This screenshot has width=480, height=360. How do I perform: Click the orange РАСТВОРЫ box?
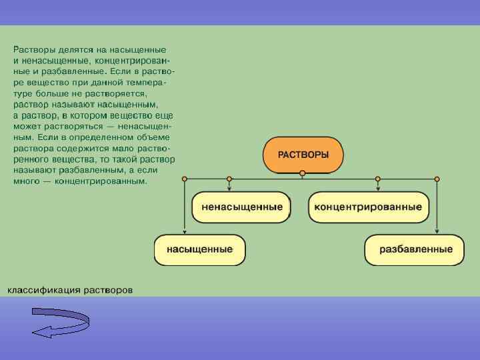[x=303, y=155]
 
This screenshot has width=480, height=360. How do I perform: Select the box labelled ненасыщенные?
[x=242, y=207]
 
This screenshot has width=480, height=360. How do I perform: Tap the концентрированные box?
[x=367, y=207]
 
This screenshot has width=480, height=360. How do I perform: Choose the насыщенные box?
[x=200, y=250]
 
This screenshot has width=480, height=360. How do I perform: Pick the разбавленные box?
[x=415, y=250]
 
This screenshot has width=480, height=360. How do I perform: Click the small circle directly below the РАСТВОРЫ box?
[x=303, y=173]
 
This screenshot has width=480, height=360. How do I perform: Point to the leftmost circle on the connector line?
[x=185, y=179]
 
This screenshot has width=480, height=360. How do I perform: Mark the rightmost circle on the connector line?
[x=437, y=179]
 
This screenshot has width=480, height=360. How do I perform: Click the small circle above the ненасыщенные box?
[x=229, y=179]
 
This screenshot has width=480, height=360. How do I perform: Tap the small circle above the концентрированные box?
[x=378, y=179]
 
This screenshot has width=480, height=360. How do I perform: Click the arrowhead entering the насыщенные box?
[x=185, y=231]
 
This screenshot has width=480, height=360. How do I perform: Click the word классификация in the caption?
[x=44, y=290]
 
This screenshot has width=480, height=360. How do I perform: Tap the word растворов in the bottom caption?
[x=108, y=290]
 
